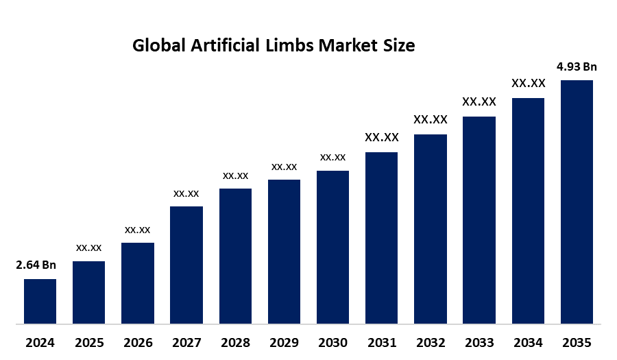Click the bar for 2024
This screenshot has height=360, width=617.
tap(40, 301)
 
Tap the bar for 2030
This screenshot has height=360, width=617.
tap(332, 247)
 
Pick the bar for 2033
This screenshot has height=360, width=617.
tap(479, 219)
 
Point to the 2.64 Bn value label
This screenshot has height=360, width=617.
tap(36, 265)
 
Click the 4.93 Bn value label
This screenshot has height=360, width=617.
tap(577, 67)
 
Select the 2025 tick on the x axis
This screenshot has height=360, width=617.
tap(88, 342)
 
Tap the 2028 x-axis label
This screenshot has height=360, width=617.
tap(235, 342)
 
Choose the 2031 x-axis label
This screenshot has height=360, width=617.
tap(381, 342)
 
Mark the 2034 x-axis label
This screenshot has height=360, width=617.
tap(528, 342)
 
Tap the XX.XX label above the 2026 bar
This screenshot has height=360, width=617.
tap(137, 230)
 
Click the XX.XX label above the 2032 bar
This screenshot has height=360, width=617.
tap(431, 119)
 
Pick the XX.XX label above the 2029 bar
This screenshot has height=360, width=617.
tap(284, 167)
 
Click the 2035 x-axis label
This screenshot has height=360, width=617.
tap(577, 342)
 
